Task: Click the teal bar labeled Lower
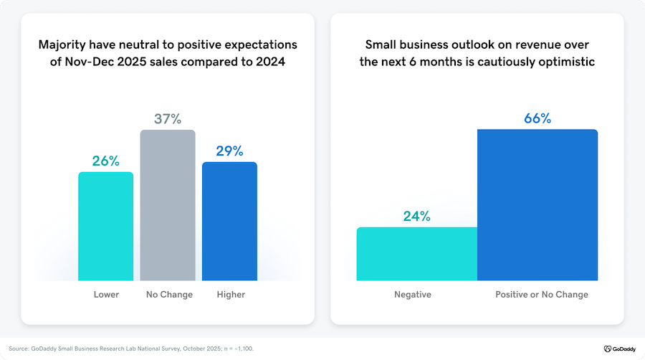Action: tap(105, 226)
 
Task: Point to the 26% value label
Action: tap(106, 161)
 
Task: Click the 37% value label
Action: tap(168, 118)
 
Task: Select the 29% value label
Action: tap(229, 151)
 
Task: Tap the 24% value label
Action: tap(416, 216)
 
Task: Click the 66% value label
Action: tap(537, 118)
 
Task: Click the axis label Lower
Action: tap(106, 295)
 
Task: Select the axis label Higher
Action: tap(230, 295)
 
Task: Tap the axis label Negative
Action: tap(412, 295)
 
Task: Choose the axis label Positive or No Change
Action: tap(542, 295)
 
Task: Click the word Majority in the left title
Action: tap(64, 45)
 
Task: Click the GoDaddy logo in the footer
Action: tap(617, 349)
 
